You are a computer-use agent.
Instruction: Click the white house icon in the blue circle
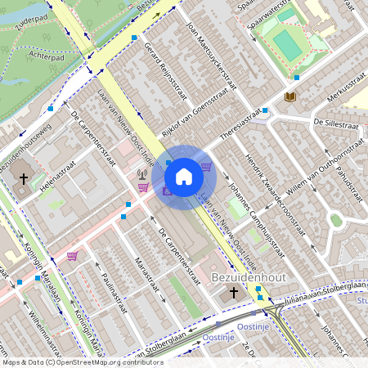[x=184, y=176]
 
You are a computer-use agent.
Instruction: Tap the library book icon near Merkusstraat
[x=289, y=97]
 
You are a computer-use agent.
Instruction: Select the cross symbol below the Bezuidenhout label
[x=233, y=292]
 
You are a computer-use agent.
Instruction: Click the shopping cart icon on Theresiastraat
[x=206, y=168]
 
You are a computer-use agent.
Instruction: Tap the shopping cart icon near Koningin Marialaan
[x=72, y=256]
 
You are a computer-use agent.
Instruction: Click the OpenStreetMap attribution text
[x=82, y=361]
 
